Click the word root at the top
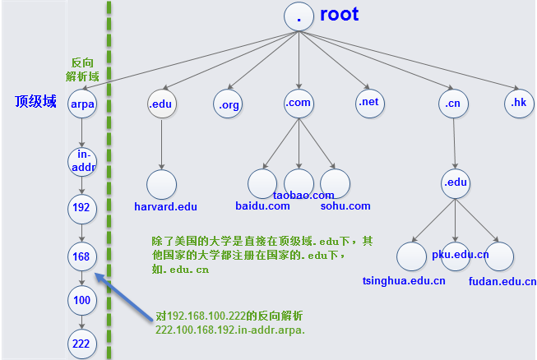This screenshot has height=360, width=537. (339, 15)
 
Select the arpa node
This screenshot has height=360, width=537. (83, 104)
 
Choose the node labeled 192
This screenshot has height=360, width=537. (81, 208)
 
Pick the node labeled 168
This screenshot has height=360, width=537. (81, 256)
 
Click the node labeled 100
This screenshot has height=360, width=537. (81, 301)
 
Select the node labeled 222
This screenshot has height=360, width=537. (81, 344)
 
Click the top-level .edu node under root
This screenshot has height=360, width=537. (161, 104)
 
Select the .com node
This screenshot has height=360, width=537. (298, 103)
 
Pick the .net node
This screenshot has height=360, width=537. (369, 103)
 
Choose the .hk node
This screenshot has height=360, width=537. (518, 103)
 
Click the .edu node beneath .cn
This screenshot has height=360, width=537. (455, 182)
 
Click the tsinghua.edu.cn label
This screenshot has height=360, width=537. (404, 281)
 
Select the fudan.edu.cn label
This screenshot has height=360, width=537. (502, 281)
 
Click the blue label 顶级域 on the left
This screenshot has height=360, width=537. (35, 101)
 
